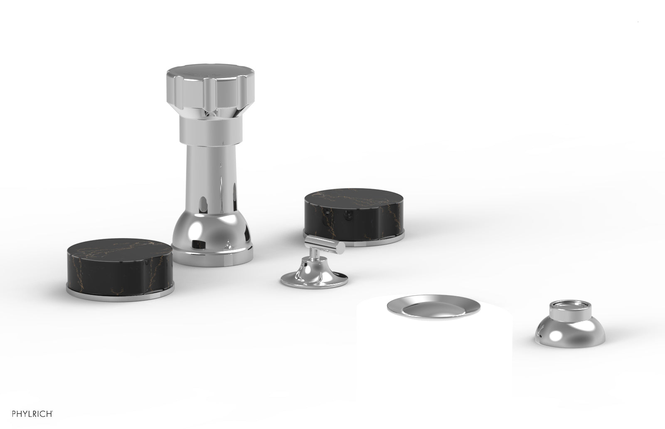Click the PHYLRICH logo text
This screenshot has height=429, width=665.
tap(32, 414)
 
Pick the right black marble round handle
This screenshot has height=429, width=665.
tap(354, 214)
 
